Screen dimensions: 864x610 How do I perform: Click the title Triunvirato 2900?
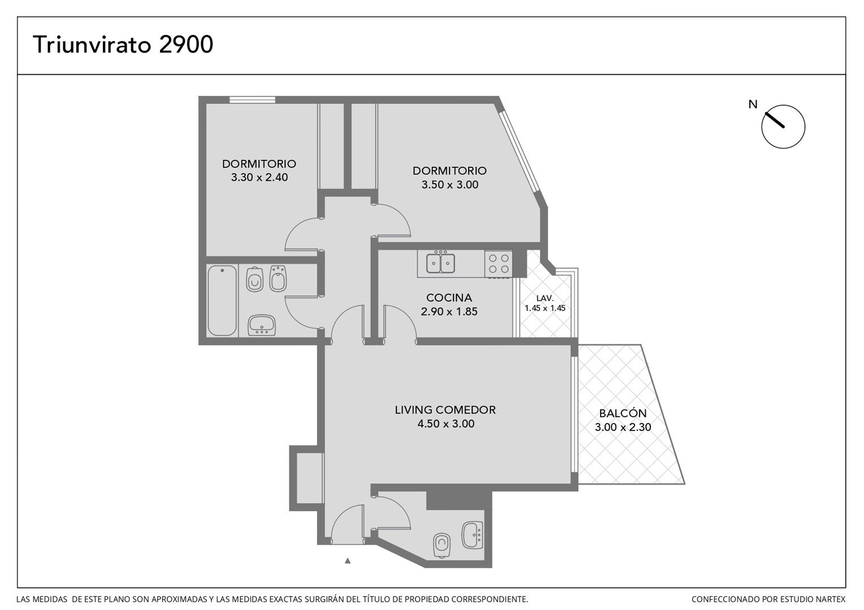(123, 44)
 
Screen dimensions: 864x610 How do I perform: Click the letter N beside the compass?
(753, 104)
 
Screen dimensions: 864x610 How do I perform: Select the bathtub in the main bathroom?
(222, 300)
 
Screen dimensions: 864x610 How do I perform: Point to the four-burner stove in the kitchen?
(499, 264)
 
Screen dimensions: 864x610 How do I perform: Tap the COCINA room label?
(449, 298)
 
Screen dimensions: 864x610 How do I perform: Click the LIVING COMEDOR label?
(445, 409)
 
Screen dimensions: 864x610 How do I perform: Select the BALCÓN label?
(623, 413)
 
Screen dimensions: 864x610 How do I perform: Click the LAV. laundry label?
(545, 298)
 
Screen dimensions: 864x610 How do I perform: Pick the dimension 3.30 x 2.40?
(259, 177)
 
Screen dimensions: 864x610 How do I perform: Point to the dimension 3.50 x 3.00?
(450, 185)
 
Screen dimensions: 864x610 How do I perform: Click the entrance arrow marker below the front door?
(348, 561)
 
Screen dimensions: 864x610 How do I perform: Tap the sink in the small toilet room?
(472, 535)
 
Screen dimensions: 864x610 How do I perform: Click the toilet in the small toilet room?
(442, 545)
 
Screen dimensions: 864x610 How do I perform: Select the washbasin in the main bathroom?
(261, 325)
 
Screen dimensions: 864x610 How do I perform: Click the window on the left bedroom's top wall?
(252, 100)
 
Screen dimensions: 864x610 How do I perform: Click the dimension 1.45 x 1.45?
(545, 308)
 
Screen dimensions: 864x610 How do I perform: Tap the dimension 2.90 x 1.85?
(449, 311)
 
